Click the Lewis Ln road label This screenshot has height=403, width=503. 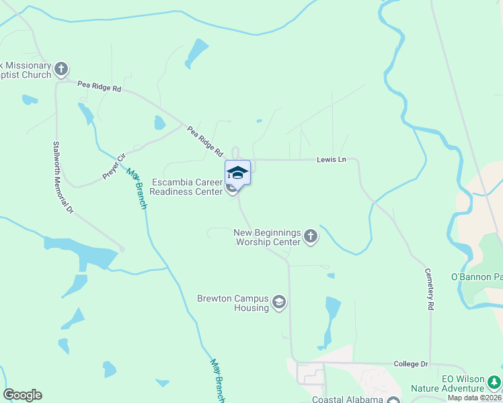(332, 160)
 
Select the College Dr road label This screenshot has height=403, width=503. (411, 363)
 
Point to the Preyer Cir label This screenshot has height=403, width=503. (114, 167)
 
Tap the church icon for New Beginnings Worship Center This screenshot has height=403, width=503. (310, 236)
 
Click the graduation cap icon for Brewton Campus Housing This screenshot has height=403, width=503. (279, 303)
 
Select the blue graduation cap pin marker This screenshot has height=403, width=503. (237, 173)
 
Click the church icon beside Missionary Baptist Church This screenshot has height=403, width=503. (61, 68)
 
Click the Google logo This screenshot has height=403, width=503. (22, 395)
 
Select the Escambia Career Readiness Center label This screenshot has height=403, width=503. (188, 187)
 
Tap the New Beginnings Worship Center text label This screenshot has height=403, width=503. (267, 237)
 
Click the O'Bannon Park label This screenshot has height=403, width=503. (476, 277)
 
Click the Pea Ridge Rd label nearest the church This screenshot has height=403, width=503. (99, 87)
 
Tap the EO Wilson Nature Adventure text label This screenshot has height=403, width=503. (462, 384)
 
